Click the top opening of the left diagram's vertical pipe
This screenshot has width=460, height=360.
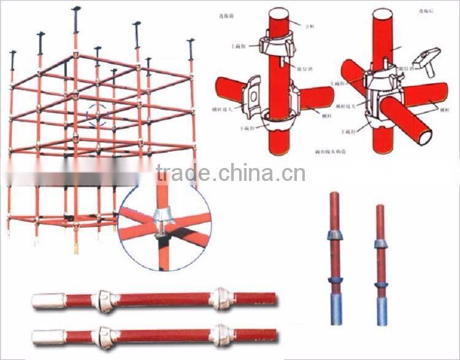[x=279, y=13]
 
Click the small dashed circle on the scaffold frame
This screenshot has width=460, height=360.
[x=100, y=115]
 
